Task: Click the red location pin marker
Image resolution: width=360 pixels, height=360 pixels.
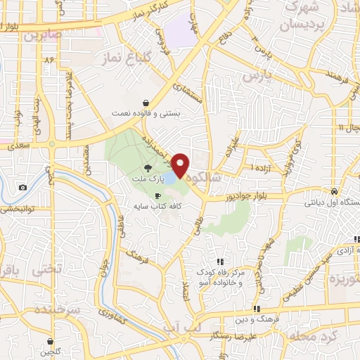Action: pyautogui.click(x=181, y=165)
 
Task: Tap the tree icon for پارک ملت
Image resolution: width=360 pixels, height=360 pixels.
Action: pyautogui.click(x=148, y=167)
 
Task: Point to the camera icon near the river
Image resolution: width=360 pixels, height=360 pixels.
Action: pyautogui.click(x=23, y=187)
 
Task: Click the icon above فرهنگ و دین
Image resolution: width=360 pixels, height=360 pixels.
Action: pyautogui.click(x=257, y=308)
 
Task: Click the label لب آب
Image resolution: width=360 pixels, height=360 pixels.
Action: pyautogui.click(x=191, y=328)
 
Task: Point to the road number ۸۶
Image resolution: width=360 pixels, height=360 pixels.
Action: pyautogui.click(x=49, y=61)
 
